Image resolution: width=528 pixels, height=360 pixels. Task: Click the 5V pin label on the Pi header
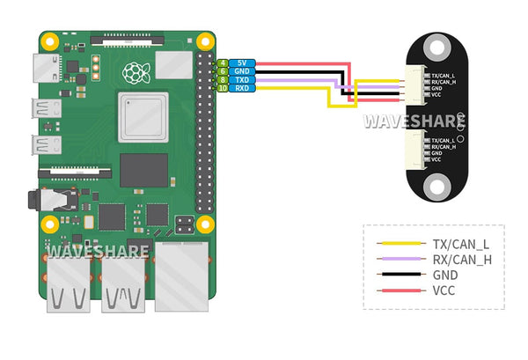tap(240, 63)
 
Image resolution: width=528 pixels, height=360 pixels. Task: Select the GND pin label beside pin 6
tap(240, 71)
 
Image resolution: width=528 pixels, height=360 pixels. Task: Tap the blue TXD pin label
tap(240, 80)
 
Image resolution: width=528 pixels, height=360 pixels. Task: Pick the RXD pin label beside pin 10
tap(240, 88)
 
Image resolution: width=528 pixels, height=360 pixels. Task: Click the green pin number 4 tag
tap(224, 63)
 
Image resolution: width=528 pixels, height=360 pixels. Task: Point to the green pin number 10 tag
tap(224, 88)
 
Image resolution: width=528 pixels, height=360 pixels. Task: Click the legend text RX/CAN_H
tap(462, 259)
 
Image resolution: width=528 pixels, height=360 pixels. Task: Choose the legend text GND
tap(445, 275)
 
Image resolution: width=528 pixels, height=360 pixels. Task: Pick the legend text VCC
tap(444, 290)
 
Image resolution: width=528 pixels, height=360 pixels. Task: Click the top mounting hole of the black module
tap(437, 48)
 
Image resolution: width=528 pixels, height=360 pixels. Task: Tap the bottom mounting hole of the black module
tap(437, 186)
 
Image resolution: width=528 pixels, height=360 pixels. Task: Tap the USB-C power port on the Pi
tap(40, 67)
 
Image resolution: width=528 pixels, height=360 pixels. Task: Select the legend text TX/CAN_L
tap(461, 243)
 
